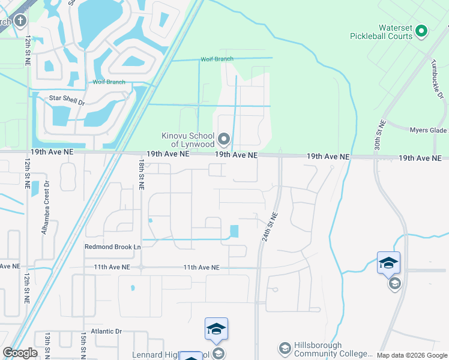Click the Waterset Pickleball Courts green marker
point(421,30)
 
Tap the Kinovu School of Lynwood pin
point(224,140)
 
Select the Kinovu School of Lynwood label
point(188,140)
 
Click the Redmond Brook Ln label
point(112,247)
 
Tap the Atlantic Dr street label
point(106,331)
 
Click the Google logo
point(20,353)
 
